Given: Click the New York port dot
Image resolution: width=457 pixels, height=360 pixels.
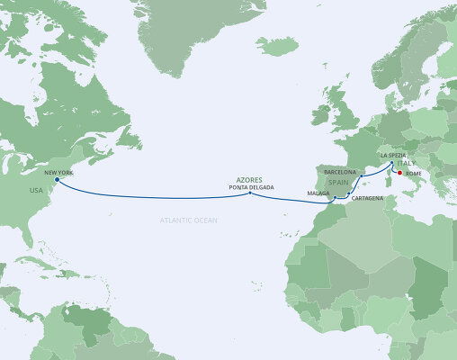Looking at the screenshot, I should point(58,180).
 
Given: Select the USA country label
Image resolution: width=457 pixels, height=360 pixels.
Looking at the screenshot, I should point(36,190).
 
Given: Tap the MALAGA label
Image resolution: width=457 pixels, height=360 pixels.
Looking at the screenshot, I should point(317,193).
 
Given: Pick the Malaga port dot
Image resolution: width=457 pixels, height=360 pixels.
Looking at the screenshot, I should point(334,197).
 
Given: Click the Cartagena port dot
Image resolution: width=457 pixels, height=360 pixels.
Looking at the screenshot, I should point(347,193).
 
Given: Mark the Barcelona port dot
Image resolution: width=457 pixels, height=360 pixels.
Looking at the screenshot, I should point(361,176).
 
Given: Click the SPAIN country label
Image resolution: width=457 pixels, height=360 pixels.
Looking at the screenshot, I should point(338,182).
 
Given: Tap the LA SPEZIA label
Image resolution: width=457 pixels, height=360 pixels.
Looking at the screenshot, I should point(396,156).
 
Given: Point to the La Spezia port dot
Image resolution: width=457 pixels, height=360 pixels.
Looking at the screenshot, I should point(390,164).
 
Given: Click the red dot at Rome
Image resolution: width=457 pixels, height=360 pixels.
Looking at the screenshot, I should point(399,171).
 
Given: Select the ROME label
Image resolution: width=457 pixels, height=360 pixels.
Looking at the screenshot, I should point(413,172).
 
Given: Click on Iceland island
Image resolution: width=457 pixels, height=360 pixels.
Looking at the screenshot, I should point(275,43).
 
